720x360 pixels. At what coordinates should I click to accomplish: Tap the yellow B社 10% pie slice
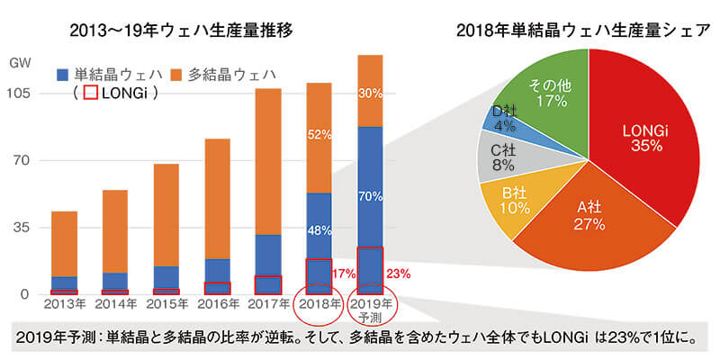pyautogui.click(x=514, y=200)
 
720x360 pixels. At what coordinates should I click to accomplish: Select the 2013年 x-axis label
pyautogui.click(x=63, y=307)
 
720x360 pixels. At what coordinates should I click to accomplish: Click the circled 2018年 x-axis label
pyautogui.click(x=319, y=305)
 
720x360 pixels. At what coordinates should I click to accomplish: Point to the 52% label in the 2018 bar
pyautogui.click(x=319, y=134)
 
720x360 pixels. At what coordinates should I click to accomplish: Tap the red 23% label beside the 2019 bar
pyautogui.click(x=397, y=273)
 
